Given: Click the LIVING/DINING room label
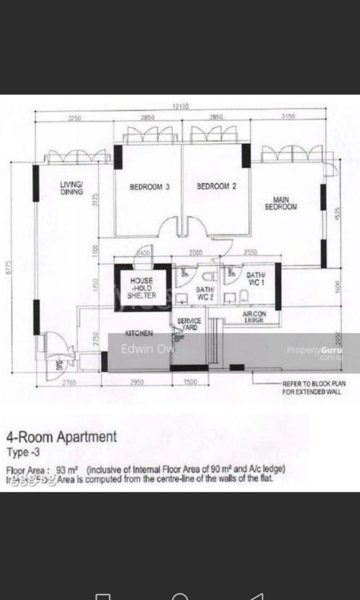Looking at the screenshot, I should [72, 188].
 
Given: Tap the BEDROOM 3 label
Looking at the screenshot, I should [149, 187].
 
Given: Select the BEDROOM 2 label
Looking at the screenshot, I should [216, 187].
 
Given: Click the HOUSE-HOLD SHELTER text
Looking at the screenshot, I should [142, 288].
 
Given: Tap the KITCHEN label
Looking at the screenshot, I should [139, 333].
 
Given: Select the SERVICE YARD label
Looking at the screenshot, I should [189, 324].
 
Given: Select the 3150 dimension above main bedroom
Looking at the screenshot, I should [288, 117].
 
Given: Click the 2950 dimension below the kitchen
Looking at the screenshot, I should [136, 382].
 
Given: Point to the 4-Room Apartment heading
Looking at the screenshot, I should [62, 436].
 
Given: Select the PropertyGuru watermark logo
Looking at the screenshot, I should [314, 351].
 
